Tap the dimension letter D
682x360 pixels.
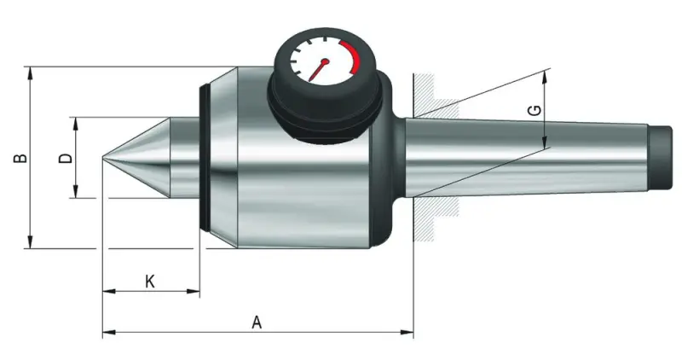coord(64,159)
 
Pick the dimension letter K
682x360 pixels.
coord(149,281)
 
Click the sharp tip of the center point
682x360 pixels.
coord(104,158)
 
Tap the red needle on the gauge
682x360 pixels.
coord(320,69)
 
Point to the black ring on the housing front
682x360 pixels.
coord(205,158)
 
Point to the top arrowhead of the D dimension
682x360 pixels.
coord(77,122)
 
